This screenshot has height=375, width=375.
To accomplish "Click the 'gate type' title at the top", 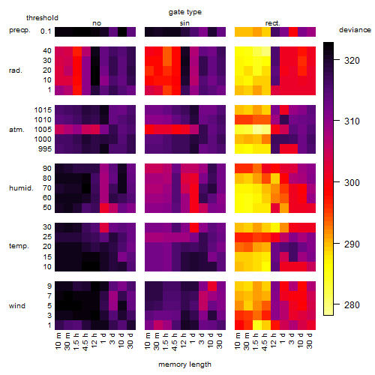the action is point(185,12).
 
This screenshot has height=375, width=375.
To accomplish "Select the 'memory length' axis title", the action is point(184,364).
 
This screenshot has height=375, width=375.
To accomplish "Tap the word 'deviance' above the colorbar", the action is point(355,30).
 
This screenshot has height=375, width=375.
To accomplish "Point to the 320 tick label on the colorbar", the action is point(352,61).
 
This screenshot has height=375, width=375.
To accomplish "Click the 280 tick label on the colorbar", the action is point(352,305).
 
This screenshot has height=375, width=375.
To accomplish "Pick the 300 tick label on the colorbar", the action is point(352,183).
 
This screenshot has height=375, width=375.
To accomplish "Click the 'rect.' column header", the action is point(273,23).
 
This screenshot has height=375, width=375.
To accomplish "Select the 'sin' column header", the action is point(184,23).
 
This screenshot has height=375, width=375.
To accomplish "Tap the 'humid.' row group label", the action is point(21,188).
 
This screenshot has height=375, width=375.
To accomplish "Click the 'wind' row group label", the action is point(17,306).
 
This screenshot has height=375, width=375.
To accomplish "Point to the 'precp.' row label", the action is point(19,31).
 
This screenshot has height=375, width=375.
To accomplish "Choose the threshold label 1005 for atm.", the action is point(43,130).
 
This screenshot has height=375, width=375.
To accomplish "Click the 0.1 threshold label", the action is point(46,31).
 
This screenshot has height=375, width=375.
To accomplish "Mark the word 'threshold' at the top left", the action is point(42,18).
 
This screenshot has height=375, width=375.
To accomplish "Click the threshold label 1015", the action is point(43,110).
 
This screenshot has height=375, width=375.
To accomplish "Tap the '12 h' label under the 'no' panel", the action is point(94,340).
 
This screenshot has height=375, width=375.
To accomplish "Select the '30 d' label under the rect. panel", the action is point(310,340).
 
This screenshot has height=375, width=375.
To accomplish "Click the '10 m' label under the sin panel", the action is point(148,341).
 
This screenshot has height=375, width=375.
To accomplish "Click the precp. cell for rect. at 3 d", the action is point(293,31).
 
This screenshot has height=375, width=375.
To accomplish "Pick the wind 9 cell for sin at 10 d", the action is point(212,286).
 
